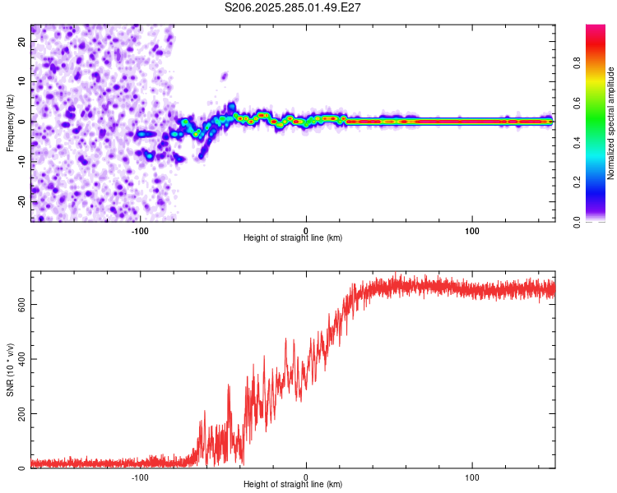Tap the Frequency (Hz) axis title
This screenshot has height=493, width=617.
[10, 122]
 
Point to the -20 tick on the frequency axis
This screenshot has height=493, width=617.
[21, 200]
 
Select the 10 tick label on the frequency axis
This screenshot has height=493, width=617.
[21, 81]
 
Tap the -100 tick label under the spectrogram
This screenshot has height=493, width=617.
[140, 231]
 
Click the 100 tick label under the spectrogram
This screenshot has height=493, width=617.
[472, 231]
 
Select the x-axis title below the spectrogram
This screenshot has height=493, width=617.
[293, 238]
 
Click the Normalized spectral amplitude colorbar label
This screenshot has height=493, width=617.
[611, 123]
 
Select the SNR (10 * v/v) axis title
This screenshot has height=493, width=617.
[10, 370]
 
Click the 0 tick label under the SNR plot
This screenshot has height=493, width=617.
[306, 477]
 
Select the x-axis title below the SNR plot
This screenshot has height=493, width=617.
[293, 485]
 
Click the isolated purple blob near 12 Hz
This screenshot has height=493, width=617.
[224, 76]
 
